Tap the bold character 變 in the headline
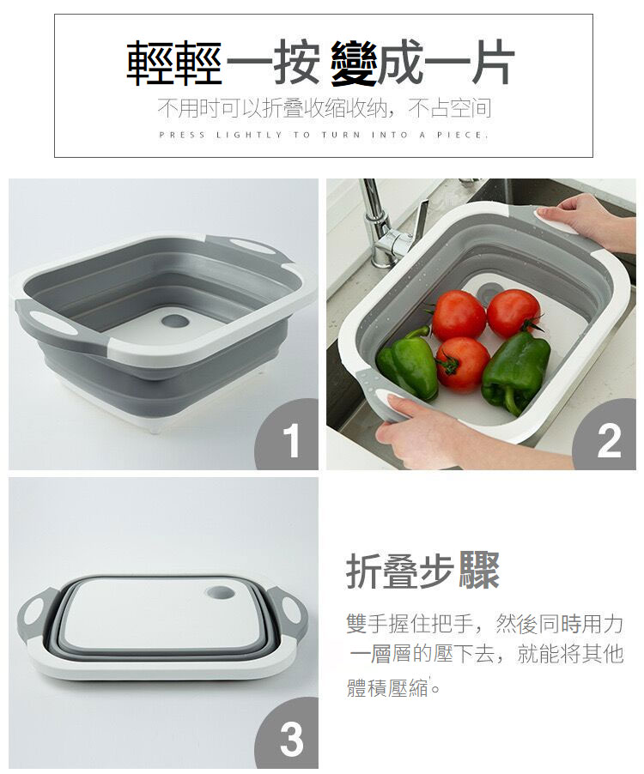point(353,64)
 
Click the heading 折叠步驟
point(422,571)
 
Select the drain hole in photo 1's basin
point(175,321)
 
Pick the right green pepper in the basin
point(515,371)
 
